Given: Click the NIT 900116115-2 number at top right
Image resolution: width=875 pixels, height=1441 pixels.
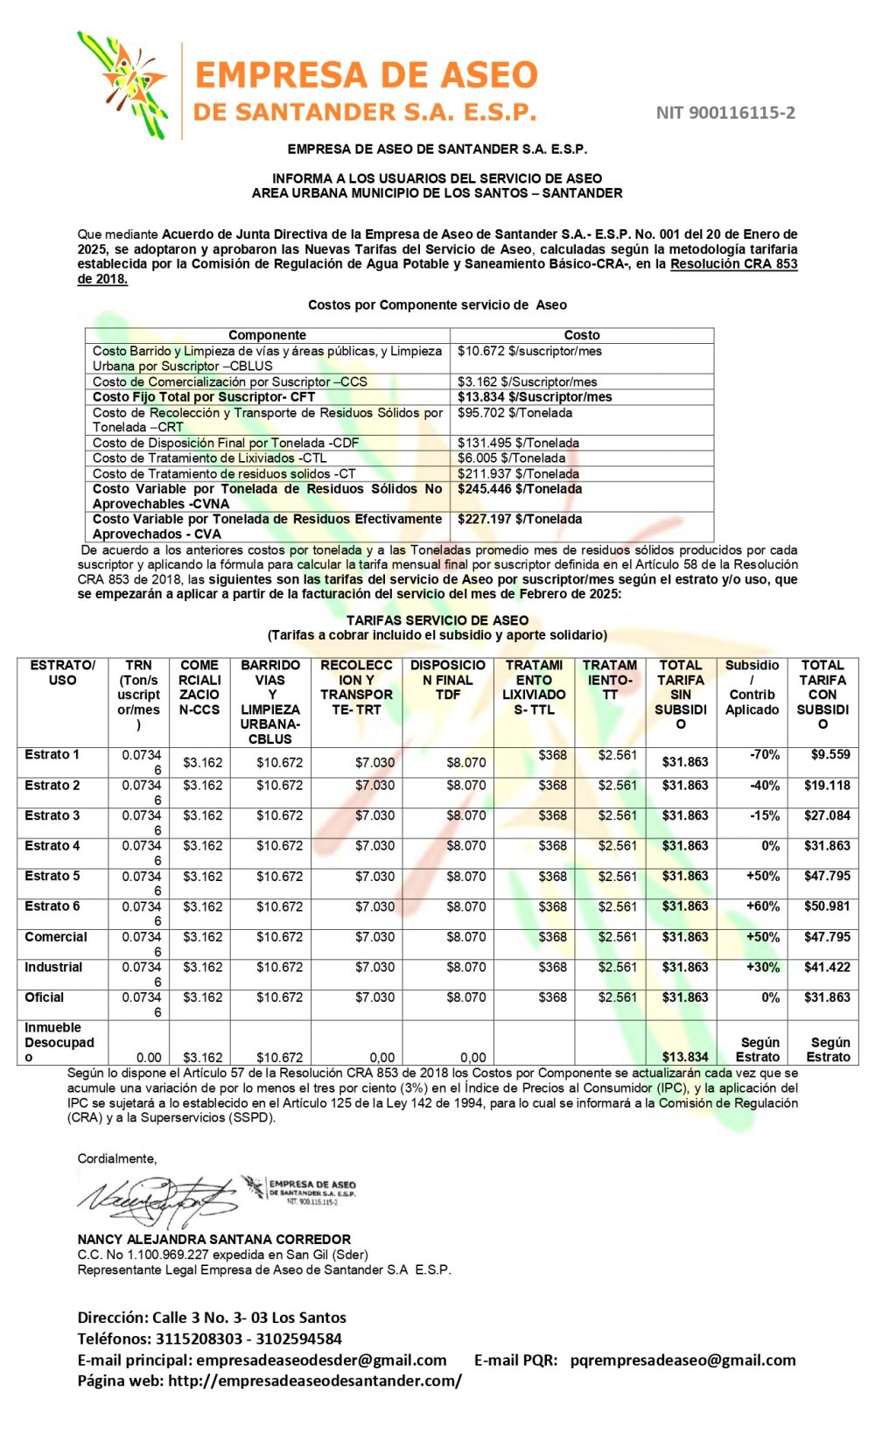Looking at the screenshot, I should [725, 113].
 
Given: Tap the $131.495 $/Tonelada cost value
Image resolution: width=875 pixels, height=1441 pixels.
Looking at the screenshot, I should [518, 444].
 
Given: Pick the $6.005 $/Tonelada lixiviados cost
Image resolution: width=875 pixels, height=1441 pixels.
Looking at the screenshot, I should [511, 458].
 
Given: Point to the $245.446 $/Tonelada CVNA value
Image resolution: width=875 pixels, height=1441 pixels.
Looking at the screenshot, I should [520, 489].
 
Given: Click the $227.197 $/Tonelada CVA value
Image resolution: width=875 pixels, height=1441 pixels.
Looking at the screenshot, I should [520, 520].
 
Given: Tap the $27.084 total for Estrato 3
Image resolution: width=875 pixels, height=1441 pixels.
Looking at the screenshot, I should [827, 816].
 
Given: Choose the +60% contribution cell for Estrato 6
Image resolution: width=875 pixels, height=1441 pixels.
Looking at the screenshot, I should [762, 906].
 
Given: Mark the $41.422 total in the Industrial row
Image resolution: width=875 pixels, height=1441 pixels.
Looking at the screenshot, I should [827, 968].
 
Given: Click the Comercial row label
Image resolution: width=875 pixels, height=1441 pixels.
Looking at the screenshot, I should [56, 937].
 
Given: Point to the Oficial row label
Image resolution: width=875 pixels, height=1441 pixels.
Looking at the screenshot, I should [45, 997].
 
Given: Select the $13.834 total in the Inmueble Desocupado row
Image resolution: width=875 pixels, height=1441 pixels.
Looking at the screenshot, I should [684, 1057].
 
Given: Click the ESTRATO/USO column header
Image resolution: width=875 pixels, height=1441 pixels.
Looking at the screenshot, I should [62, 673].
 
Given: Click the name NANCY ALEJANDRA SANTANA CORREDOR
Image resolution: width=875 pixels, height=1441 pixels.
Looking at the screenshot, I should [213, 1240].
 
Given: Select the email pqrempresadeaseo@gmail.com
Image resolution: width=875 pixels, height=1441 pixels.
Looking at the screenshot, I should [682, 1361].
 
